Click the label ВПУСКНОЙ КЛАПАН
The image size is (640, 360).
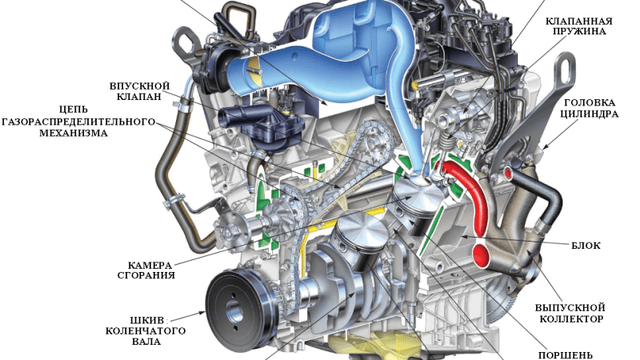(139, 91)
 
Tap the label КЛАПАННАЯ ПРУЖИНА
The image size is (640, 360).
(579, 26)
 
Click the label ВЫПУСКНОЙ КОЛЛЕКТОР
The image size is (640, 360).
(570, 313)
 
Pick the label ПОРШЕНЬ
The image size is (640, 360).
(565, 355)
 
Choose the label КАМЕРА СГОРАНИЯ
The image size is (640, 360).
(147, 270)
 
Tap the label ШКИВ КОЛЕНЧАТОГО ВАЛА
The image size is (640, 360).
(146, 330)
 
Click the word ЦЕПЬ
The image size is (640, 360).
(73, 110)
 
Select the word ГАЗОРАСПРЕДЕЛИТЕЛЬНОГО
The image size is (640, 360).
(78, 122)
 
